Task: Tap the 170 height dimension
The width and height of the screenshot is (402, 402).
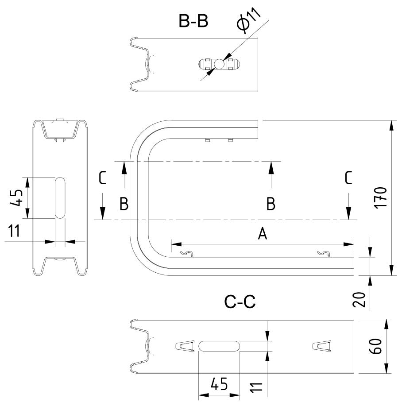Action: [x=383, y=197]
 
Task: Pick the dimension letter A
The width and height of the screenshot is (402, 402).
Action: [x=263, y=234]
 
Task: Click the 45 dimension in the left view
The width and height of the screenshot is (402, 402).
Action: [x=16, y=197]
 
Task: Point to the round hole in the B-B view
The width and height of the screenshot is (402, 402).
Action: [x=219, y=65]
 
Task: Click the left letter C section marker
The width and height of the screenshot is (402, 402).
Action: [x=102, y=178]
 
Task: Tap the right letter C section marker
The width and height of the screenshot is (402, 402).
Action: [x=348, y=178]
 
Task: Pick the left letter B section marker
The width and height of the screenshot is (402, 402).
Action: [x=124, y=204]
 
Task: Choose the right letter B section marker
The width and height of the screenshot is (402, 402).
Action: [x=271, y=204]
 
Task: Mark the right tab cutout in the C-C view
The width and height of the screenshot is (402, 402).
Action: [x=322, y=345]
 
